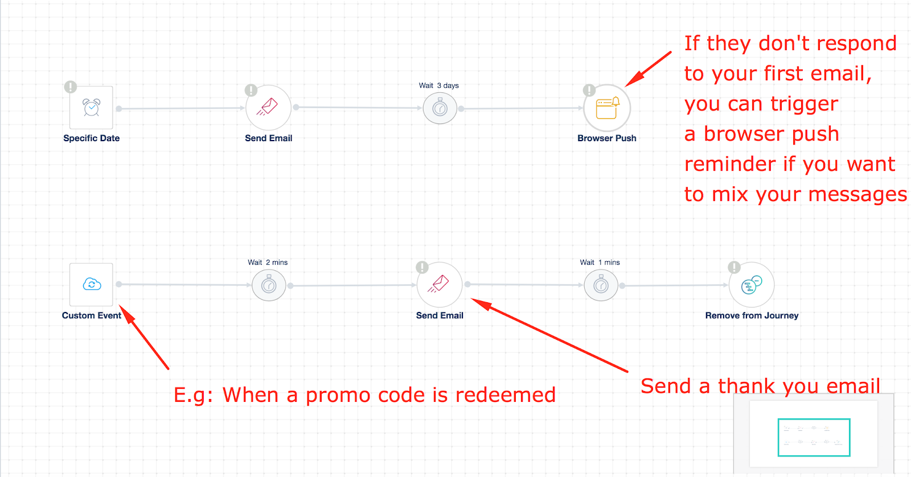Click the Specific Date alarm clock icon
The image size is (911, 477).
pyautogui.click(x=91, y=108)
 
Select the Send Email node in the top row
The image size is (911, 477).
pyautogui.click(x=268, y=108)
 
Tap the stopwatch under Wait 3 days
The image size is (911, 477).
pyautogui.click(x=440, y=108)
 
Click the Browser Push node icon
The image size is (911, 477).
pyautogui.click(x=607, y=108)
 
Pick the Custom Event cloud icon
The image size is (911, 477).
pyautogui.click(x=91, y=284)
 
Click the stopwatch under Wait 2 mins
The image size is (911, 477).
pyautogui.click(x=269, y=285)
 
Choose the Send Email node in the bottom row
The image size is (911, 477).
pyautogui.click(x=440, y=285)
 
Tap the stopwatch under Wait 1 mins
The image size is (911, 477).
pyautogui.click(x=601, y=285)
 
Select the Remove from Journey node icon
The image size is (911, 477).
pyautogui.click(x=752, y=285)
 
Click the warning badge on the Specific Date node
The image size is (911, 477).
pyautogui.click(x=70, y=87)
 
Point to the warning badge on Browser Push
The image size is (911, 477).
pyautogui.click(x=589, y=90)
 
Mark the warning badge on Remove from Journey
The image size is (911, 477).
pyautogui.click(x=734, y=268)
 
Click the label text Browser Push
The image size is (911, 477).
pyautogui.click(x=607, y=138)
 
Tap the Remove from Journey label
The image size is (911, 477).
pyautogui.click(x=752, y=315)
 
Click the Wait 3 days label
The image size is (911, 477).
pyautogui.click(x=438, y=85)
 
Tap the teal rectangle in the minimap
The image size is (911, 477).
pyautogui.click(x=814, y=437)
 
